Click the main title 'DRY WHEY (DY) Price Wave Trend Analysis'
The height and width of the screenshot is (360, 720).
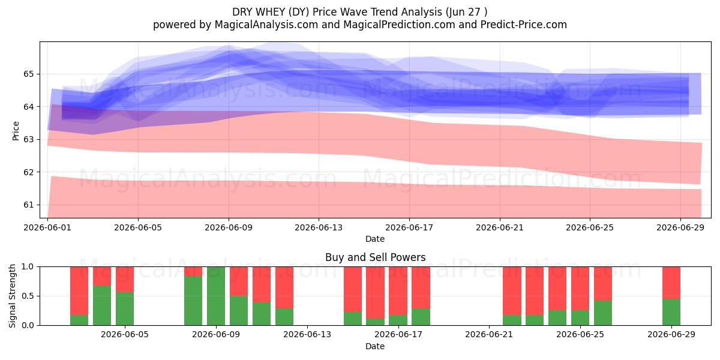337,12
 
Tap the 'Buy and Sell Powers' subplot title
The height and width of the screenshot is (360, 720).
375,257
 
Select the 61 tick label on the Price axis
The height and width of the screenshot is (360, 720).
28,205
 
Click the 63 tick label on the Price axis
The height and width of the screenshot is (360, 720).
28,139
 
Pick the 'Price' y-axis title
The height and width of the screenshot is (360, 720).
16,131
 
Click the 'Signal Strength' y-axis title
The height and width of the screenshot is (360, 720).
12,296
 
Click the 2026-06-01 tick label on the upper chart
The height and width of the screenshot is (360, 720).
47,227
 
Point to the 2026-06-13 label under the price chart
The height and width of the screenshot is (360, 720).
319,227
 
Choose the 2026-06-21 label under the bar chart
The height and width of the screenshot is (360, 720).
489,335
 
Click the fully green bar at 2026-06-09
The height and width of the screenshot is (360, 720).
215,296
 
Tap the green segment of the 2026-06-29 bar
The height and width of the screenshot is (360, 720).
671,312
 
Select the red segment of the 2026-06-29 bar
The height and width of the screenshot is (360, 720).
671,283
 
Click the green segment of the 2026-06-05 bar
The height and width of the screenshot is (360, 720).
125,308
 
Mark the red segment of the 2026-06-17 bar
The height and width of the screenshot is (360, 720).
398,290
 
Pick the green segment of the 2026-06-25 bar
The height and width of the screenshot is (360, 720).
580,317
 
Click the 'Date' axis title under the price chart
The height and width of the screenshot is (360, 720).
375,239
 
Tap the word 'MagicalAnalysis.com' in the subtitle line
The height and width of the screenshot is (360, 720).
266,25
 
